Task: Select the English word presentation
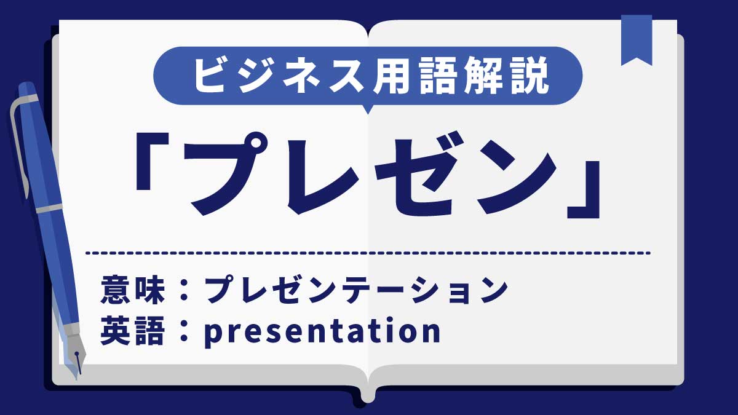point(322,331)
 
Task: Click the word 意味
point(133,290)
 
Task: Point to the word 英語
point(133,331)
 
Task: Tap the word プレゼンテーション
point(357,290)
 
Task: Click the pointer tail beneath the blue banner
point(368,109)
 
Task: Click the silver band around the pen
point(49,208)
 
